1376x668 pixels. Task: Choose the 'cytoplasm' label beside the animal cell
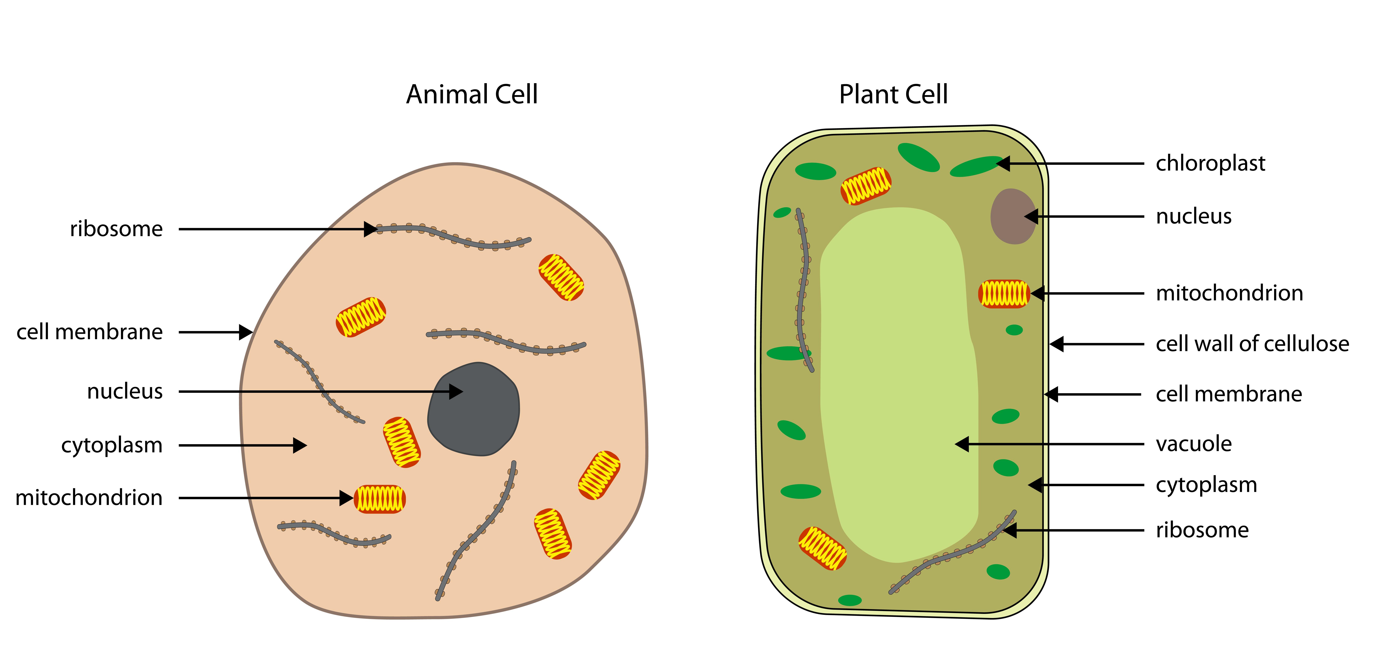[112, 445]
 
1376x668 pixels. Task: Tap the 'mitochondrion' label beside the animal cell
[89, 498]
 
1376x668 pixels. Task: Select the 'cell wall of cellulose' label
[1252, 344]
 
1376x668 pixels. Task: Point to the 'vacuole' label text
[1193, 444]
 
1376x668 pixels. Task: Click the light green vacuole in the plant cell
[897, 374]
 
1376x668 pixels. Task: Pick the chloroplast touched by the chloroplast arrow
[975, 166]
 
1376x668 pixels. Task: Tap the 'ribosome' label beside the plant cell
[1202, 530]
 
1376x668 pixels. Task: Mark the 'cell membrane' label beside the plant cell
[1229, 394]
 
